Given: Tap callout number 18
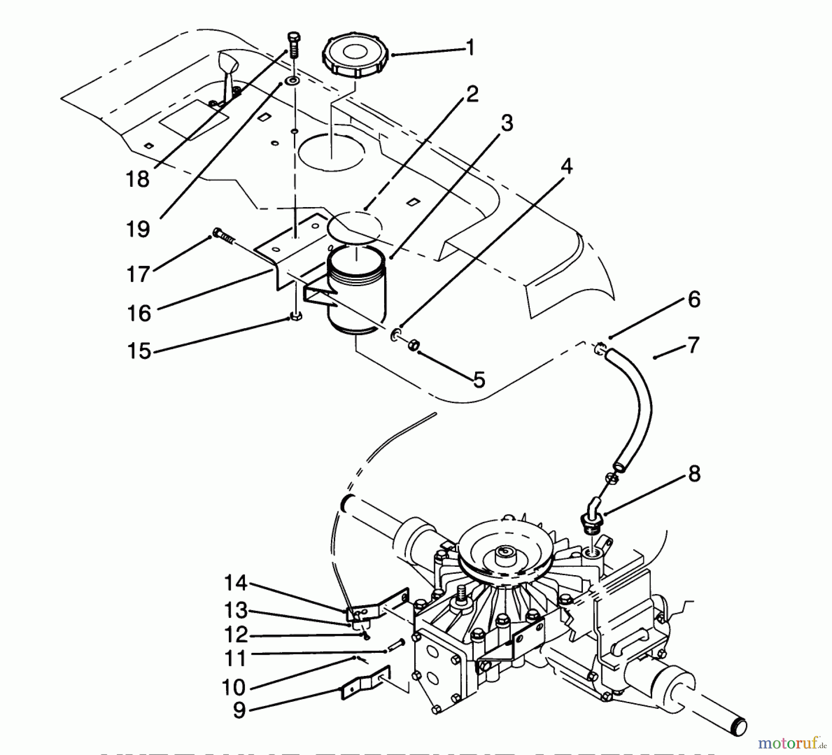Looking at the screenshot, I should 137,179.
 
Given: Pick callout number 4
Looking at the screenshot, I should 567,166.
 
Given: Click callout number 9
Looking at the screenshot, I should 239,710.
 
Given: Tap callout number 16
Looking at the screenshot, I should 139,313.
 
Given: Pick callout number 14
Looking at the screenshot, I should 236,583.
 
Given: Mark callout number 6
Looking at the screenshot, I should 694,300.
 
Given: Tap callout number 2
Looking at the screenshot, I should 472,95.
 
